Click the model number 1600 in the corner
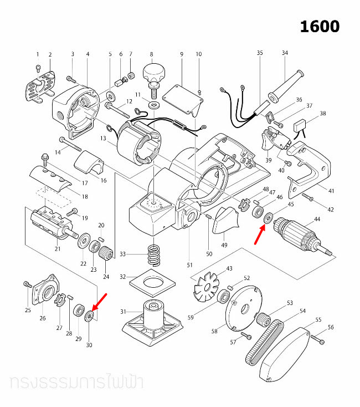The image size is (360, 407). [320, 26]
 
